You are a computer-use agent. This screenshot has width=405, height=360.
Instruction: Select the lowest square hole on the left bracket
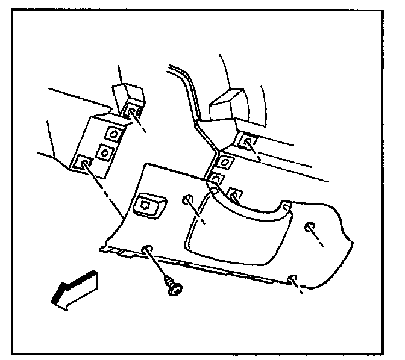point(83,161)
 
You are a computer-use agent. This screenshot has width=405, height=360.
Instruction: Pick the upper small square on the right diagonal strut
point(225,161)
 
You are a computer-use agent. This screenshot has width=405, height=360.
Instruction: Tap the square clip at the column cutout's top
point(236,195)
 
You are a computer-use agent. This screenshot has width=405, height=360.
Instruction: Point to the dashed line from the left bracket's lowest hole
point(108,193)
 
